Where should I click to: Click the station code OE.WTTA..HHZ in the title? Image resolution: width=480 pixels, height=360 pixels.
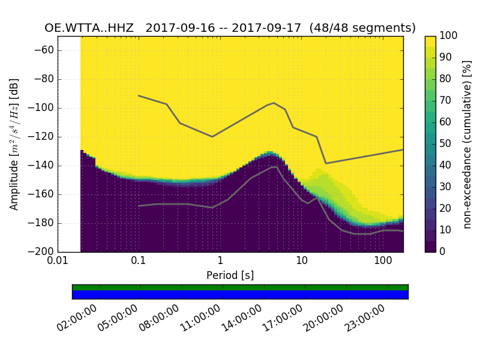point(89,28)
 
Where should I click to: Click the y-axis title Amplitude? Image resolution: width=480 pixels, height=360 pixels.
point(14,144)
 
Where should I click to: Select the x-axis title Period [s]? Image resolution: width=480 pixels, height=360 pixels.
point(230,275)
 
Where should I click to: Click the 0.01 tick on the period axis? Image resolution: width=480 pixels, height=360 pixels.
point(58,262)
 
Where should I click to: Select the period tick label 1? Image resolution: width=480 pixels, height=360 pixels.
point(220,262)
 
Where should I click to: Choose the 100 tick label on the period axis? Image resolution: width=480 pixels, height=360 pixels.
point(383,262)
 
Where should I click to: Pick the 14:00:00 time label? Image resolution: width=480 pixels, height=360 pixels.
point(241,319)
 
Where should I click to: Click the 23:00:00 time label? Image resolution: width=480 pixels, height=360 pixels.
point(364,319)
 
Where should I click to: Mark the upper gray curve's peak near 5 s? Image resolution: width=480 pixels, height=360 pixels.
point(274,103)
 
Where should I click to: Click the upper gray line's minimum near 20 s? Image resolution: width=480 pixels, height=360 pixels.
point(326,163)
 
